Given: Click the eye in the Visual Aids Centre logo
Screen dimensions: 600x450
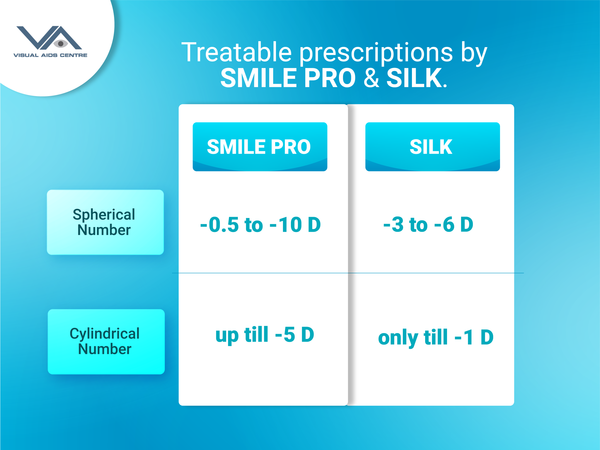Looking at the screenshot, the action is coord(61,44).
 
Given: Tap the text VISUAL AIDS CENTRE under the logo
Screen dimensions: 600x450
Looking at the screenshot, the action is coord(50,55).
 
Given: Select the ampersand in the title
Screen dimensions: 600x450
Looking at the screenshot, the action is coord(371,78).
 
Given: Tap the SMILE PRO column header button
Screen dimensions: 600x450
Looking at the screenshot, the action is coord(260,147).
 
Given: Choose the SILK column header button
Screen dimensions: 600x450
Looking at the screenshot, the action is coord(432,147).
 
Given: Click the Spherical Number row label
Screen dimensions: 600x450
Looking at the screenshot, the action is coord(105,222).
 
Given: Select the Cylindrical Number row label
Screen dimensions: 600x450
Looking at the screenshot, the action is coord(106,342).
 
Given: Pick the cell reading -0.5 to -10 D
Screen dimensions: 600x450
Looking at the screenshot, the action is coord(260,225).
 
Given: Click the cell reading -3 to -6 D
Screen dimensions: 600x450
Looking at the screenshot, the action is coord(428,224).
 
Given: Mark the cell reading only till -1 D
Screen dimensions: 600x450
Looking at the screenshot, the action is coord(436,337).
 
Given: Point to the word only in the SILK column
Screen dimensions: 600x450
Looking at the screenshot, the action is coord(398,338).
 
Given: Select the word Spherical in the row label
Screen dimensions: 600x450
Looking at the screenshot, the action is coord(104,215).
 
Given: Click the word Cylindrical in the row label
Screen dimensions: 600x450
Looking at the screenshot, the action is coord(105,334).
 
